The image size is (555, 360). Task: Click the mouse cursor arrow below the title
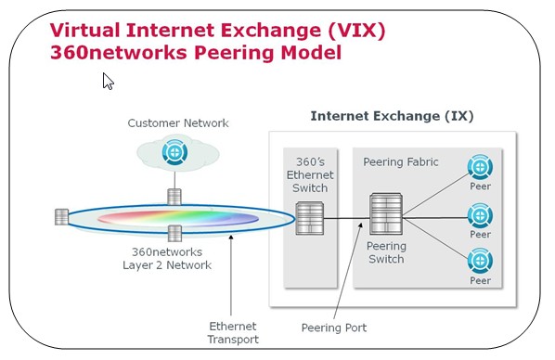108,82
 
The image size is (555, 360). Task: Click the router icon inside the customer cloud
174,152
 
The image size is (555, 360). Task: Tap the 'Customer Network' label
178,123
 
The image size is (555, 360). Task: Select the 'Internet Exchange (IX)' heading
392,116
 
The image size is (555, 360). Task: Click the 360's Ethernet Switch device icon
310,218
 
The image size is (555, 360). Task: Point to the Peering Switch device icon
386,213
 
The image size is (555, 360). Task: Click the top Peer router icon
480,167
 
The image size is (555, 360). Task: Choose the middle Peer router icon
480,215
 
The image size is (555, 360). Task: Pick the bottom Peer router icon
480,262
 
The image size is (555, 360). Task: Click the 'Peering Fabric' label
401,162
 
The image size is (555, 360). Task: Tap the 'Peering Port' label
334,328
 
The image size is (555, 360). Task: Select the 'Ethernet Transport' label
233,333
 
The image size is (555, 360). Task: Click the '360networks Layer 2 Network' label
167,259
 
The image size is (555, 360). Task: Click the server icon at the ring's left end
61,217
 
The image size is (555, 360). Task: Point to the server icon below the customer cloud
174,197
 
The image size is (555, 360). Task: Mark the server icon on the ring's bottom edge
174,234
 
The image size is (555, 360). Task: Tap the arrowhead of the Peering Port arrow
361,225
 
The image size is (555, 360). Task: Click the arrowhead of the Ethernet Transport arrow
231,238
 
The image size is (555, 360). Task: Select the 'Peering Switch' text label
386,252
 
